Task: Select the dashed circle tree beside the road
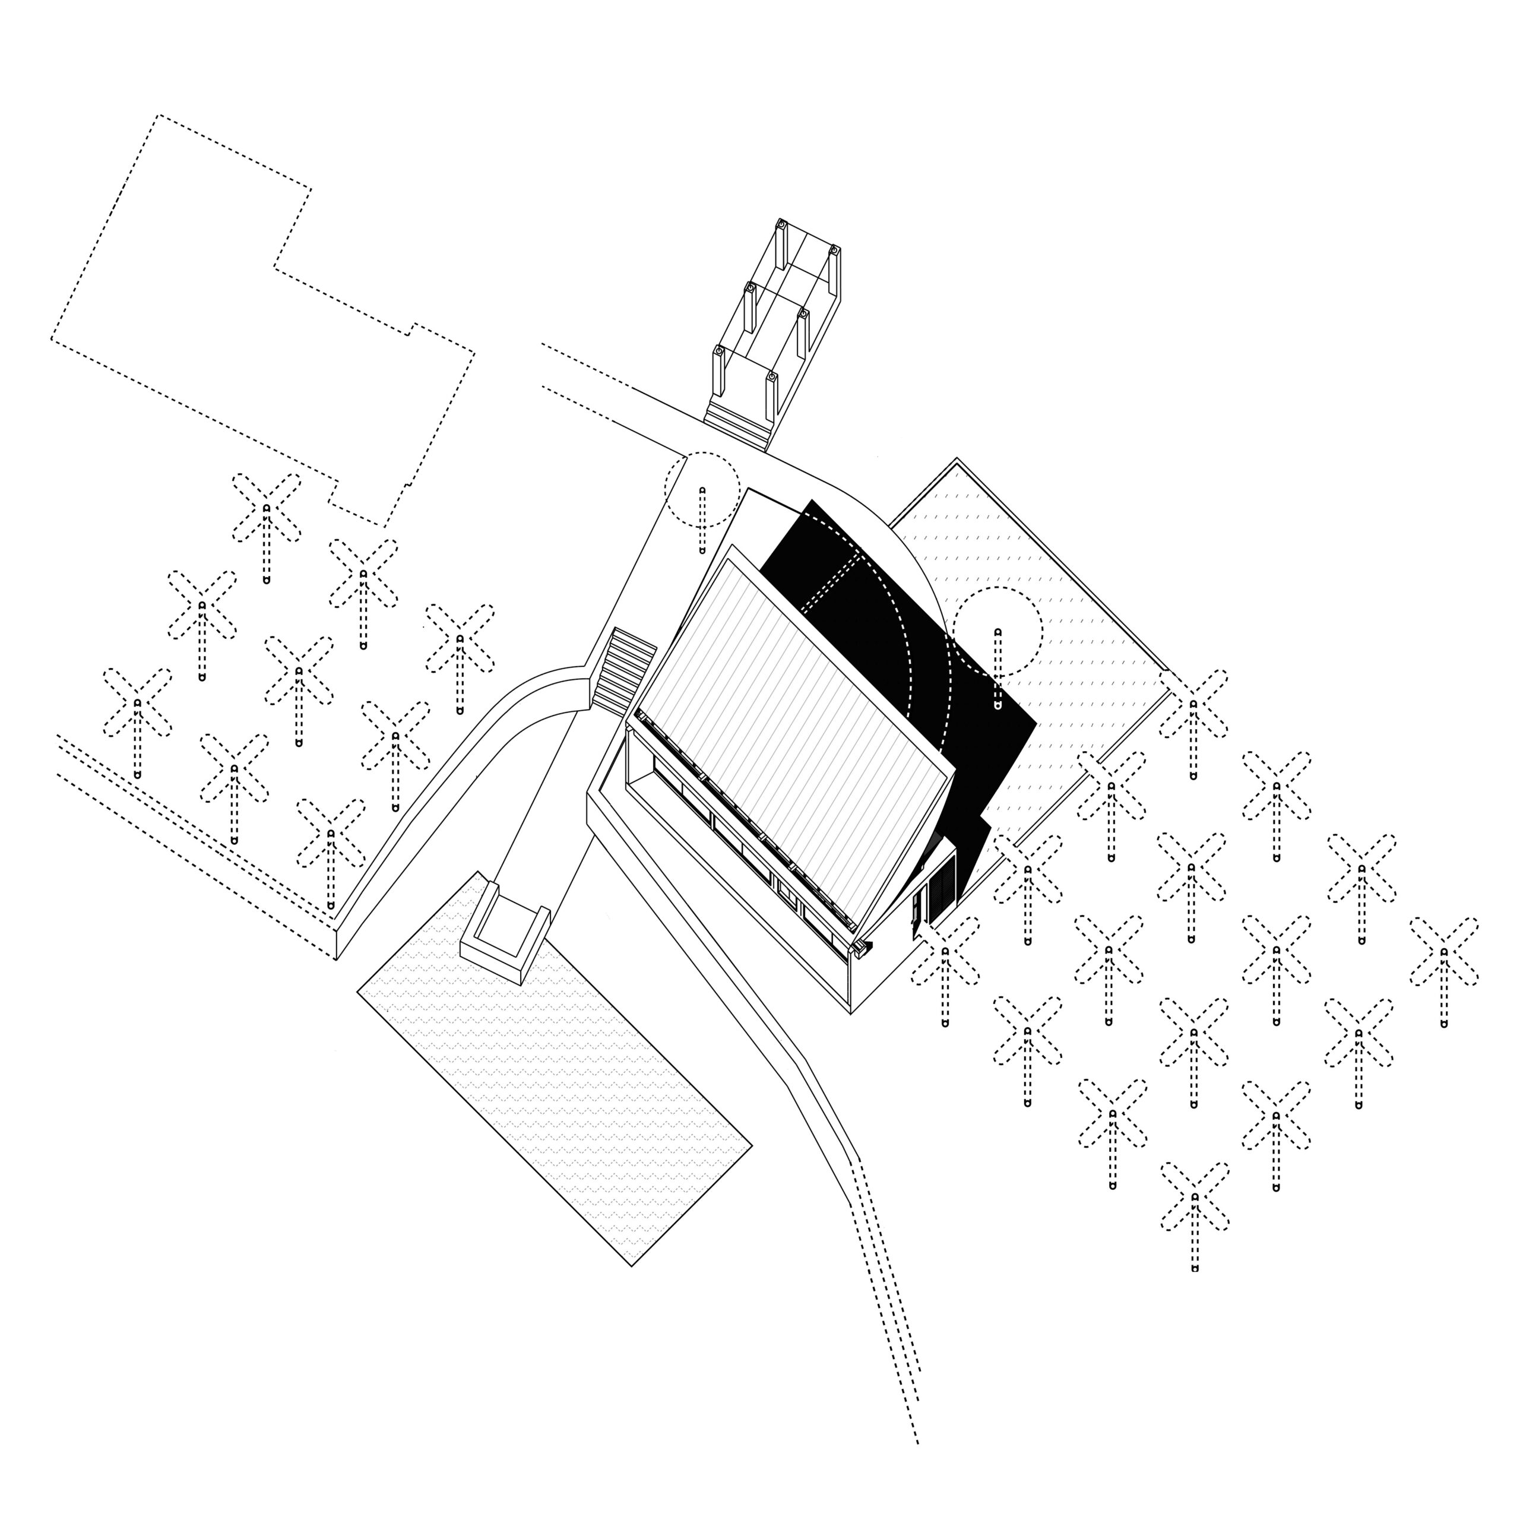[702, 489]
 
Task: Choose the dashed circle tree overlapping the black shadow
[997, 631]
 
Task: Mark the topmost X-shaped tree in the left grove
[267, 508]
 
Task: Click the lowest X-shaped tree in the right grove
[1194, 1196]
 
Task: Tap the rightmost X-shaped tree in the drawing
[1443, 951]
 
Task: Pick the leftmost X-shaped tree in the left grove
[138, 702]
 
